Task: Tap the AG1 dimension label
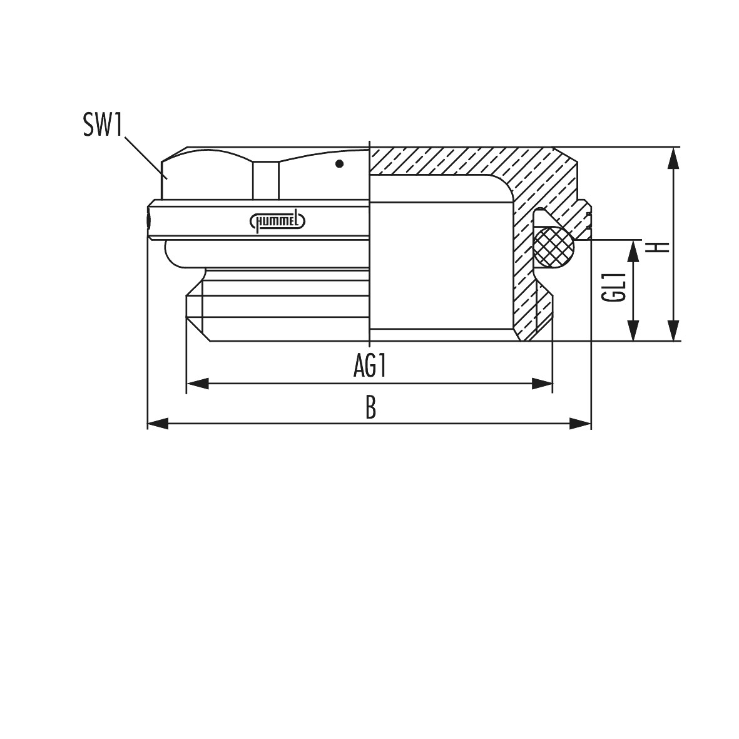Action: tap(370, 366)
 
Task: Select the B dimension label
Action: tap(371, 408)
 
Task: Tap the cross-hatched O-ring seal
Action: tap(554, 247)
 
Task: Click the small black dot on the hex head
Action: tap(339, 164)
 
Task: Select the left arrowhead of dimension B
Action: tap(158, 423)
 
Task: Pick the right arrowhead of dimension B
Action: tap(580, 423)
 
